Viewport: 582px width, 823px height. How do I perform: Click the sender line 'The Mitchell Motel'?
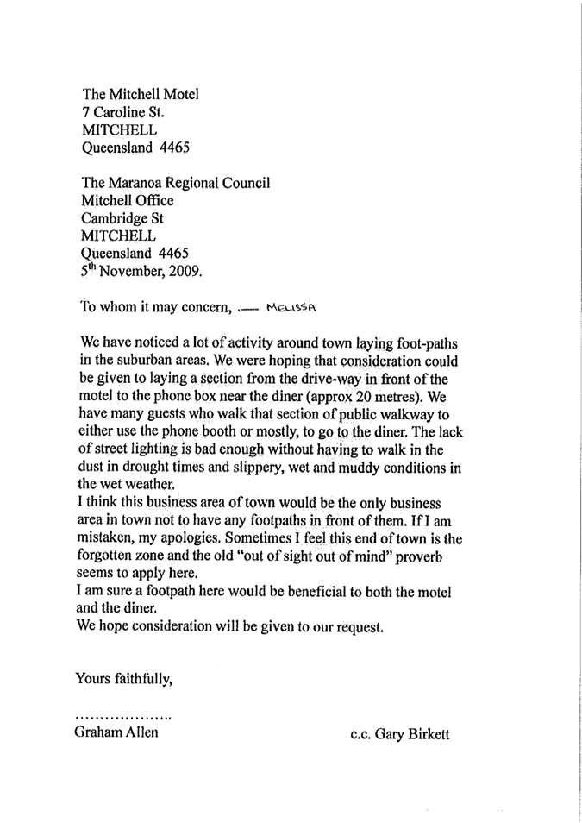click(141, 94)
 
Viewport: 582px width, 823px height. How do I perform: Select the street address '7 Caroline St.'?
click(122, 112)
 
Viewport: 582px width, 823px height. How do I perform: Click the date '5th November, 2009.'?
click(141, 271)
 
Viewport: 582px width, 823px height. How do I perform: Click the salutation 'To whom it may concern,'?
click(155, 305)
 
